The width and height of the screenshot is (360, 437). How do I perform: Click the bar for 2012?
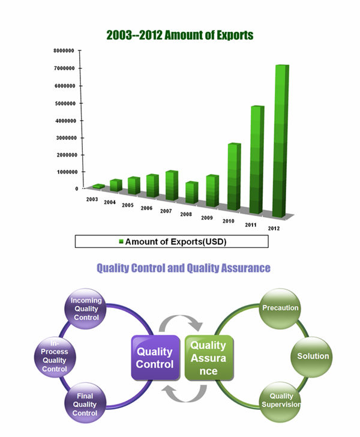pyautogui.click(x=281, y=141)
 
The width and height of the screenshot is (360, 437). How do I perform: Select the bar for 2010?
pyautogui.click(x=234, y=176)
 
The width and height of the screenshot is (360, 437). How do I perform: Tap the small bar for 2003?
pyautogui.click(x=98, y=187)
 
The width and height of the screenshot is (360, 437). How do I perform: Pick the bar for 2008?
pyautogui.click(x=192, y=192)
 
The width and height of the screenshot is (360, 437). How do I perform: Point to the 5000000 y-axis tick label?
pyautogui.click(x=65, y=103)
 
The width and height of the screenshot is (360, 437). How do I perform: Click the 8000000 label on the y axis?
pyautogui.click(x=64, y=50)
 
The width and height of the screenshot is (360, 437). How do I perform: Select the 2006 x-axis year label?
pyautogui.click(x=146, y=208)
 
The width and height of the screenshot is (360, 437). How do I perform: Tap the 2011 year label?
pyautogui.click(x=251, y=225)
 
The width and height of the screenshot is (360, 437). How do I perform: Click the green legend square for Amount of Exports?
pyautogui.click(x=121, y=241)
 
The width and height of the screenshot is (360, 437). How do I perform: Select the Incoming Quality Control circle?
pyautogui.click(x=86, y=309)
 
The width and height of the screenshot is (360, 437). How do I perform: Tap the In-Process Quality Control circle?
pyautogui.click(x=55, y=357)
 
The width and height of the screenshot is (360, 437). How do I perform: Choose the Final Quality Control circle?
pyautogui.click(x=85, y=403)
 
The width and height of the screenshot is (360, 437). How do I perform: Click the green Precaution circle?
pyautogui.click(x=280, y=309)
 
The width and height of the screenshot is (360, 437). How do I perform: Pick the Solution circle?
pyautogui.click(x=311, y=357)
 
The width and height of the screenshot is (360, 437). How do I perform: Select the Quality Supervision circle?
pyautogui.click(x=280, y=402)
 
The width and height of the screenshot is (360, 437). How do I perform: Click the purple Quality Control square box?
pyautogui.click(x=156, y=358)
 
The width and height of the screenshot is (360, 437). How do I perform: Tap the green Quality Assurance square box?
pyautogui.click(x=209, y=358)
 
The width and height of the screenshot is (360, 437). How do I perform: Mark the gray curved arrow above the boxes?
pyautogui.click(x=181, y=318)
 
